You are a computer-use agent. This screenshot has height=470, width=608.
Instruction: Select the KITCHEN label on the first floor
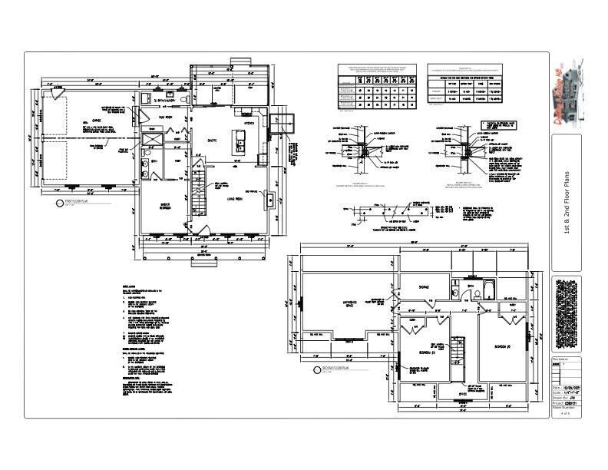pyautogui.click(x=249, y=122)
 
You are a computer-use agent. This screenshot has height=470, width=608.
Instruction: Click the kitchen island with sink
pyautogui.click(x=240, y=143)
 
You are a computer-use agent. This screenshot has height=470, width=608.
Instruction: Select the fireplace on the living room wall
pyautogui.click(x=270, y=201)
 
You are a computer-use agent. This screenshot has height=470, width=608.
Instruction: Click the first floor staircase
pyautogui.click(x=198, y=195)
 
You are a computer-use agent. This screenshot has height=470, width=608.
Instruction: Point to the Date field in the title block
pyautogui.click(x=567, y=388)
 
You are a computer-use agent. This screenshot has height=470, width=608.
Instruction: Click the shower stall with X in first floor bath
pyautogui.click(x=151, y=138)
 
